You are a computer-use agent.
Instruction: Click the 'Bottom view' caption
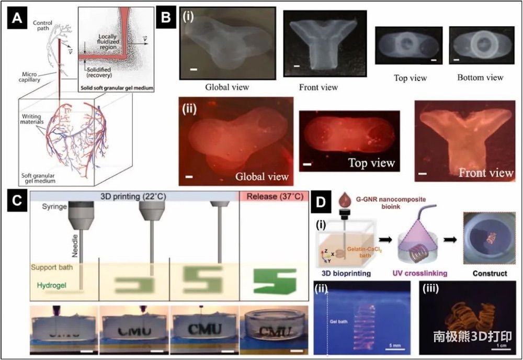coord(480,77)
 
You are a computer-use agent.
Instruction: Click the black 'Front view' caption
coord(319,87)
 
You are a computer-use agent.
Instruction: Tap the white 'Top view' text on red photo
coord(371,164)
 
